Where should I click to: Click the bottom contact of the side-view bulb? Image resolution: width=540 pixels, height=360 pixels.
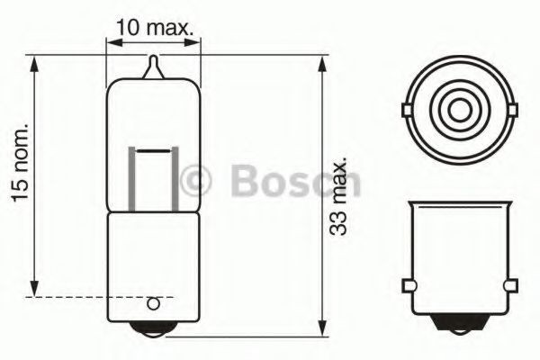pos(154,327)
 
